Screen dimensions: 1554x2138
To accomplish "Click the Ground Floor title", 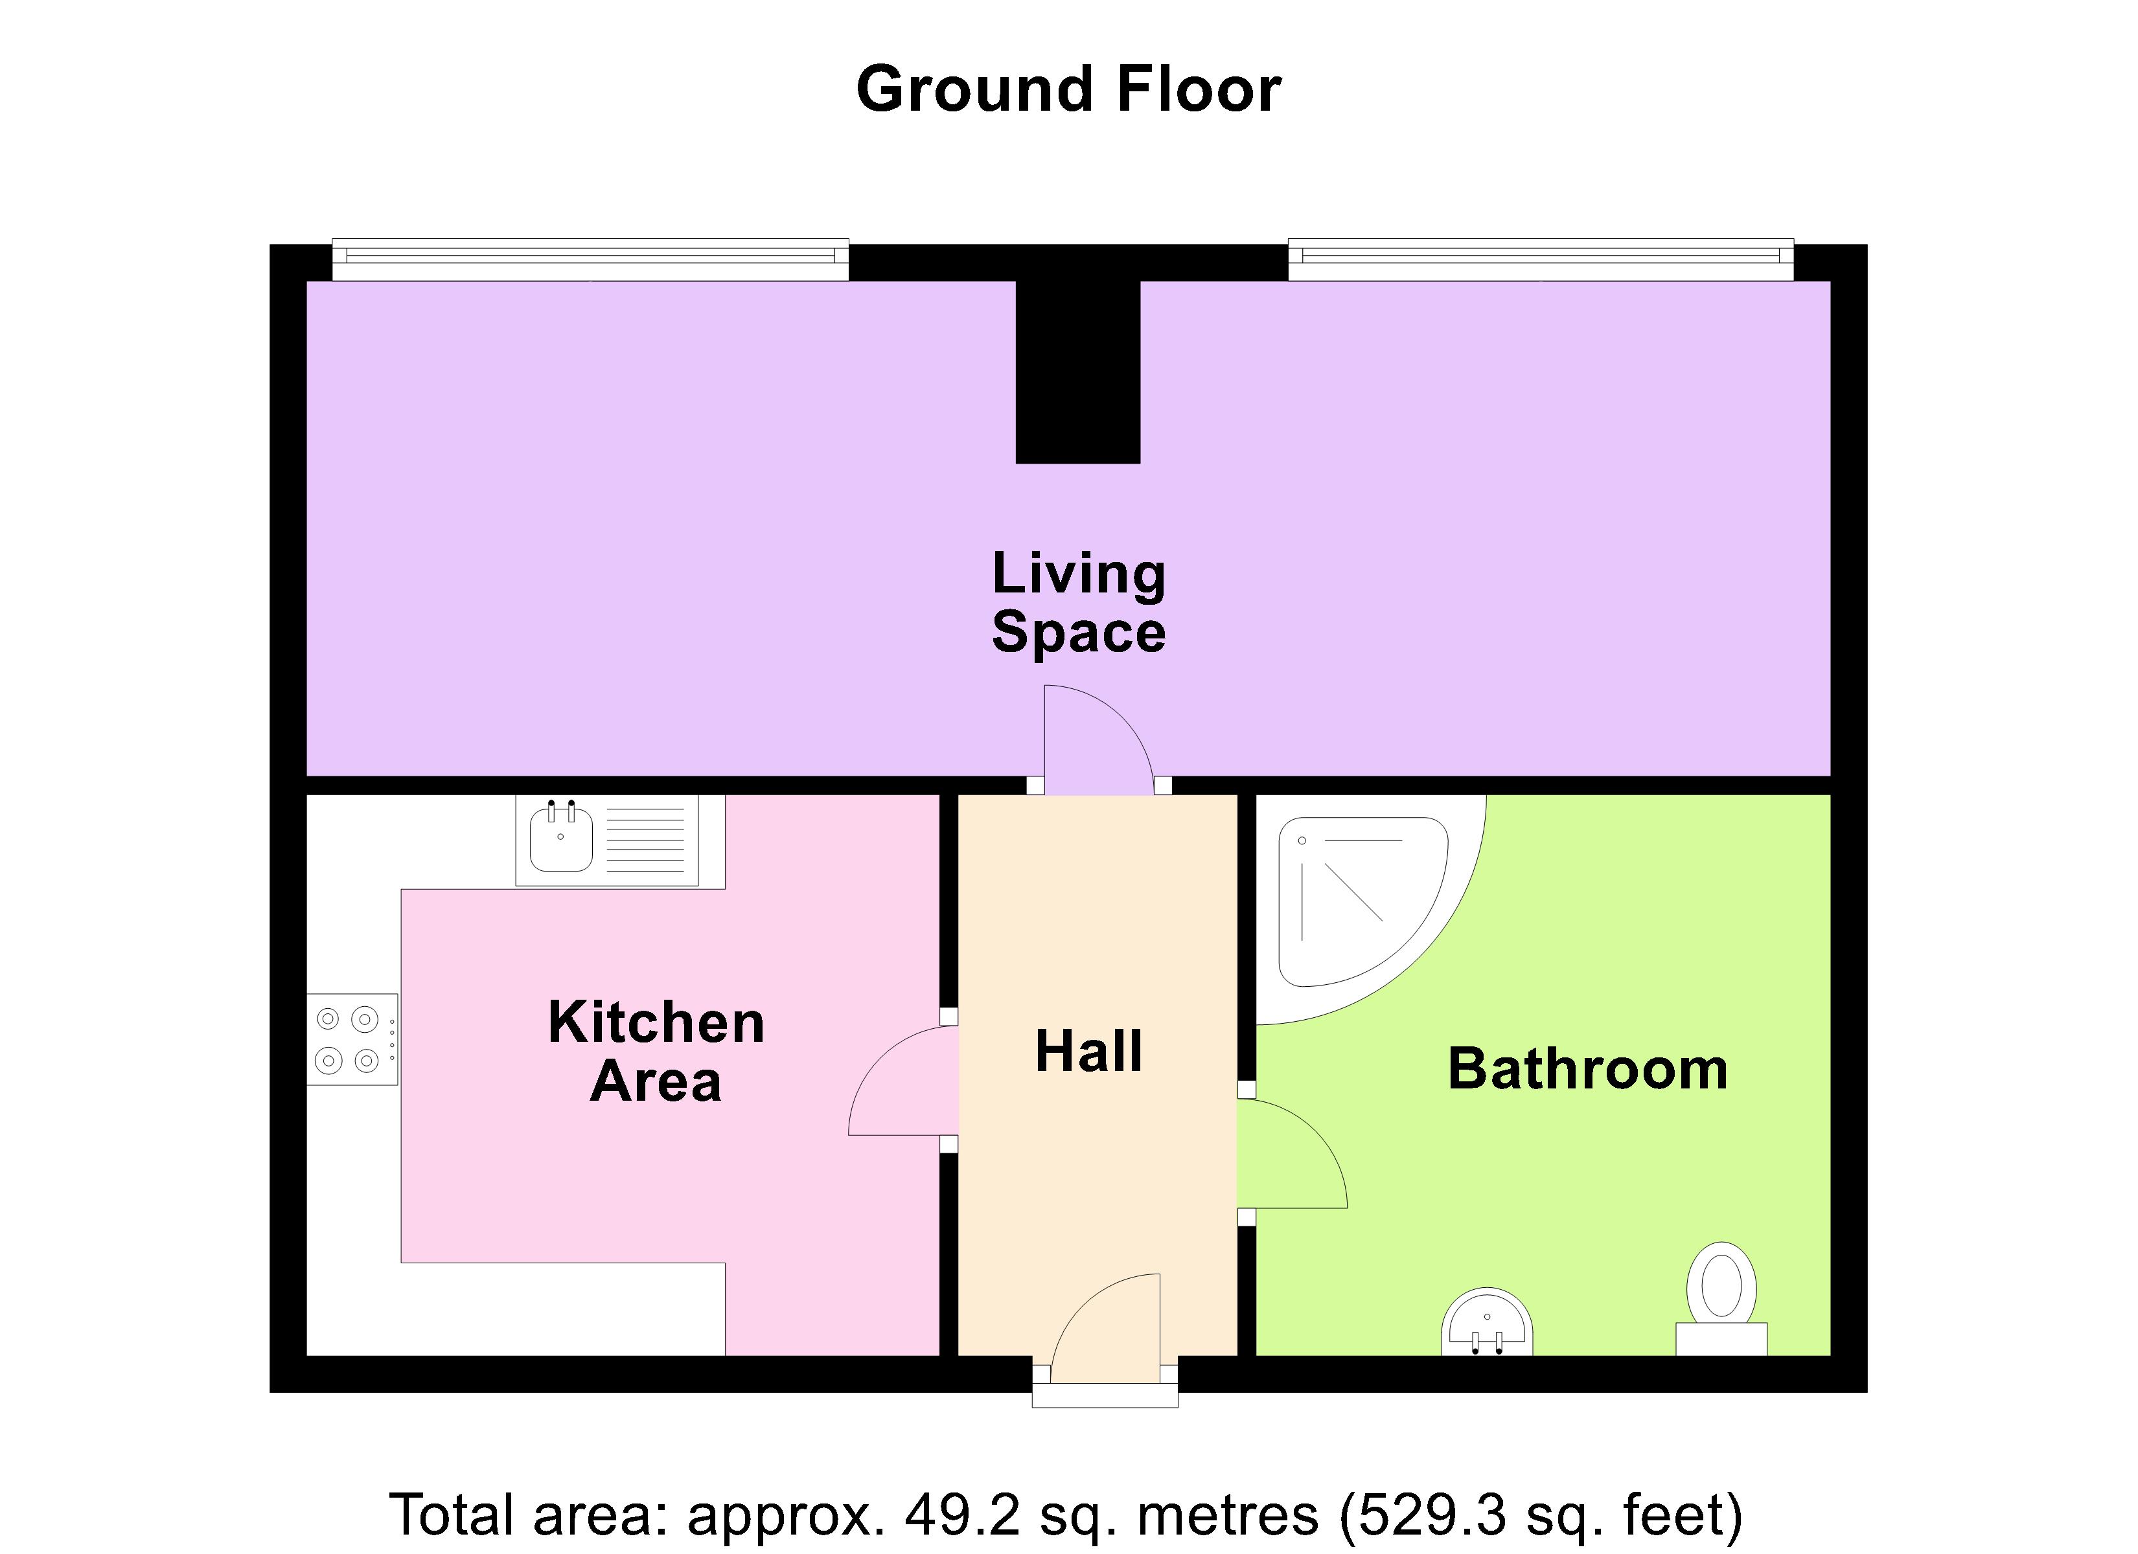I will click(1068, 89).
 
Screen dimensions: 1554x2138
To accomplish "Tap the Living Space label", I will click(1079, 602).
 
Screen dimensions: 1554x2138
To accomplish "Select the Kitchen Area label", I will click(656, 1051).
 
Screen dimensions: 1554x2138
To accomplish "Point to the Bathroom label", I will click(1587, 1070).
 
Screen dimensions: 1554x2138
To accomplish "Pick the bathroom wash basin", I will click(1487, 1324).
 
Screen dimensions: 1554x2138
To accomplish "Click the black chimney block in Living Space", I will click(1077, 372).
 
